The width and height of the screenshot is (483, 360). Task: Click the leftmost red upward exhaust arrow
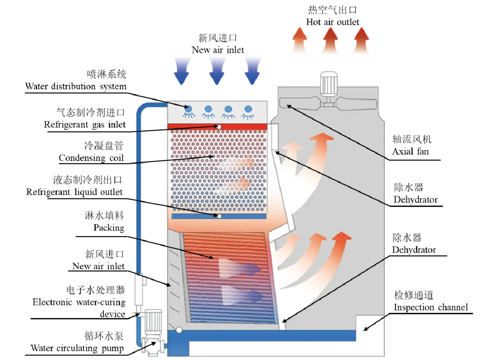tap(298, 43)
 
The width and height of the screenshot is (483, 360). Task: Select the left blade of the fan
tap(300, 103)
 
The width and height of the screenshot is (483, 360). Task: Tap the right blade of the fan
tap(358, 103)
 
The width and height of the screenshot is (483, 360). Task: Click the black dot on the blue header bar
tap(219, 216)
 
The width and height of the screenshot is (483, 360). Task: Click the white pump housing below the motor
tap(153, 345)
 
